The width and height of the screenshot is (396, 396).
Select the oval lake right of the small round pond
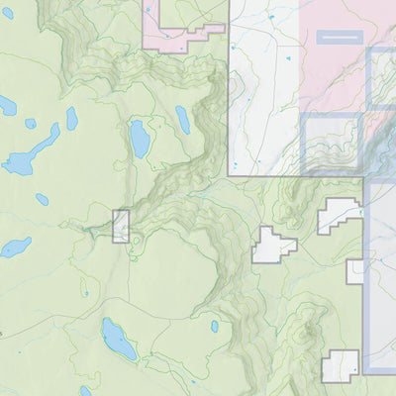pyautogui.click(x=72, y=119)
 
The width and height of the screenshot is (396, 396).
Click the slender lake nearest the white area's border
pyautogui.click(x=183, y=120)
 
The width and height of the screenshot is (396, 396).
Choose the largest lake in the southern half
pyautogui.click(x=119, y=340)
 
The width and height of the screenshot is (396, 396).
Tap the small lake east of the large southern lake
pyautogui.click(x=214, y=326)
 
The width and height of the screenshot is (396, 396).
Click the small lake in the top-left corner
pyautogui.click(x=8, y=105)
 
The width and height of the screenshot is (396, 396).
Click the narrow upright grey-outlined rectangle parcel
pyautogui.click(x=121, y=227)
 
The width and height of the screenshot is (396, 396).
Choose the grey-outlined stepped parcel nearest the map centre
pyautogui.click(x=272, y=246)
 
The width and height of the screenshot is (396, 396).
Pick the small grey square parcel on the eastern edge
pyautogui.click(x=355, y=271)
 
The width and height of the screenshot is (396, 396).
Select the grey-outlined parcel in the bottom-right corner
pyautogui.click(x=340, y=366)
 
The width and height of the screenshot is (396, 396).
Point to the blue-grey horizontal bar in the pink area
pyautogui.click(x=339, y=37)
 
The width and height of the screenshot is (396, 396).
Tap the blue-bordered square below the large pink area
pyautogui.click(x=332, y=145)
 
